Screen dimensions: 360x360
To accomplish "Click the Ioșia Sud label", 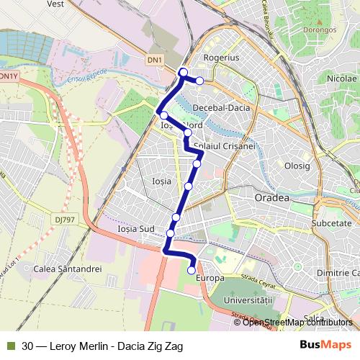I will click(136, 229).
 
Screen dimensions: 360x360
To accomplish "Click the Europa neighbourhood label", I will click(210, 277).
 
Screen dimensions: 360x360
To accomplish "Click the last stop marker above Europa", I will click(192, 270).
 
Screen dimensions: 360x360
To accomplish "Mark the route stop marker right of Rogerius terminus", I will click(199, 80).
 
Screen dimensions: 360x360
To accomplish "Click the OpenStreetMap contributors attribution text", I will click(297, 322).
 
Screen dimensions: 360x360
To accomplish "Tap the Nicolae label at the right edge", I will click(341, 78).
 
